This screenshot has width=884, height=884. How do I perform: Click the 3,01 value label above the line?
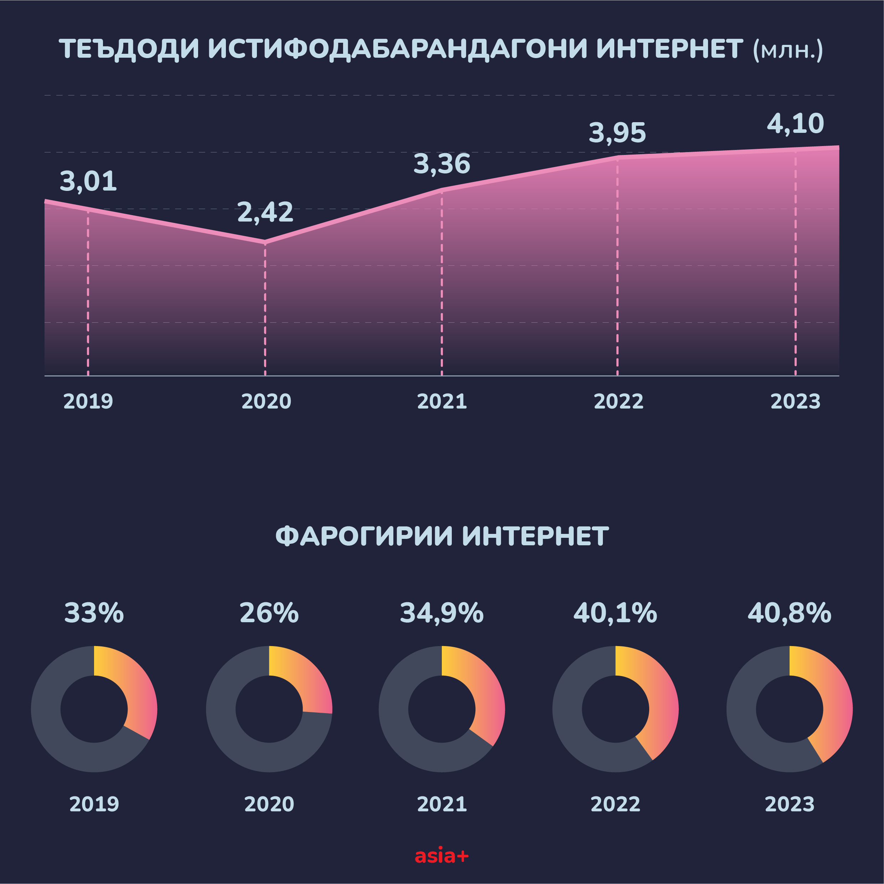point(88,181)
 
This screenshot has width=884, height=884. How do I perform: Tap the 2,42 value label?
point(265,212)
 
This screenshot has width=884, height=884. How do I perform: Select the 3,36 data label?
point(442,164)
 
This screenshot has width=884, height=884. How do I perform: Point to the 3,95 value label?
point(617,133)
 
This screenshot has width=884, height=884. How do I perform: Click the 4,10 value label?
point(795,124)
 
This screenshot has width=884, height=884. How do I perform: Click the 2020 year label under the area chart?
point(266,401)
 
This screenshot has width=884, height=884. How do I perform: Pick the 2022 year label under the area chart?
point(619,401)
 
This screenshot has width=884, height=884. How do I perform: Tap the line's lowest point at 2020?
point(265,241)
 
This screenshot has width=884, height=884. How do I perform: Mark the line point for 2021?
point(442,189)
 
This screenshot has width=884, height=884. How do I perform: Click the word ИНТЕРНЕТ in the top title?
point(670,49)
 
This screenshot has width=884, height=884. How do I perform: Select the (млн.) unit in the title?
point(787,50)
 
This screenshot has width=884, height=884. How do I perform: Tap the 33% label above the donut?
point(94,613)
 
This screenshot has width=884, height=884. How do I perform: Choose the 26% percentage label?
point(269,613)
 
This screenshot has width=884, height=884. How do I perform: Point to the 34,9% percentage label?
point(442,613)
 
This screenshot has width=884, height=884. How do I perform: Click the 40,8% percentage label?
point(789,613)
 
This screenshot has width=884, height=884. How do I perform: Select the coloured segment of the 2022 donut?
point(659,700)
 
